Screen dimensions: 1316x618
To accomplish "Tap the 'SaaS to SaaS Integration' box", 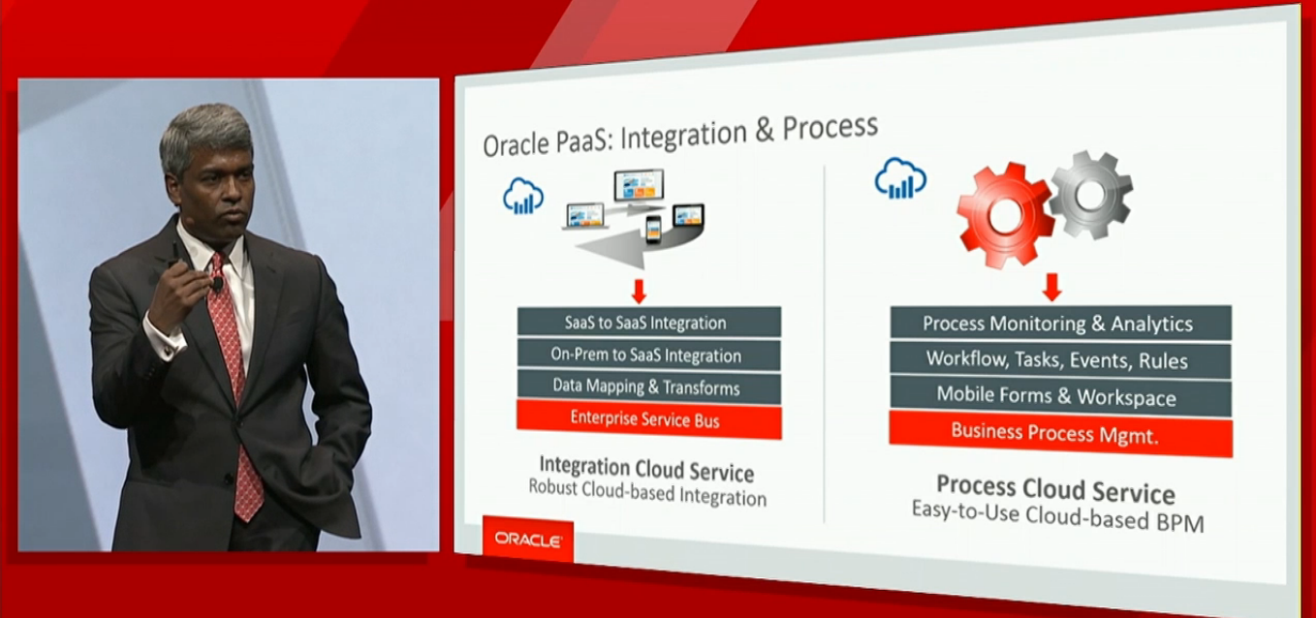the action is point(649,322).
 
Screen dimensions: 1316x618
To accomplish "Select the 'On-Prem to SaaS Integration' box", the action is point(649,355).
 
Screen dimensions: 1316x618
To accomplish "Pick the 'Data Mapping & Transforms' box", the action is point(649,387).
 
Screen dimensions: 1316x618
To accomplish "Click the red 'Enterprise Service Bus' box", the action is point(649,418).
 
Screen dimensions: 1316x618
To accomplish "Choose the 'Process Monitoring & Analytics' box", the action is point(1060,324).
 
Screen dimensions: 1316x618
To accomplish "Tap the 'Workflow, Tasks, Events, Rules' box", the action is point(1060,359).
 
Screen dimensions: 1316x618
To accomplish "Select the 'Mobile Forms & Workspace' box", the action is point(1060,396).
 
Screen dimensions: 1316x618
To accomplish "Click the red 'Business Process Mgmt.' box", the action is point(1060,434).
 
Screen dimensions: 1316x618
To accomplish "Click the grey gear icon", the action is point(1091,195).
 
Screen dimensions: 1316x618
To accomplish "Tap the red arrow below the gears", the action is point(1051,287).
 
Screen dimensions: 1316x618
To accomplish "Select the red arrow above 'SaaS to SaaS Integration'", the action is point(639,292).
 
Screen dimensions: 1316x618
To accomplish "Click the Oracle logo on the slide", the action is point(527,540).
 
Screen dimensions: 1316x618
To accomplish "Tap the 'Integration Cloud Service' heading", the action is point(646,469).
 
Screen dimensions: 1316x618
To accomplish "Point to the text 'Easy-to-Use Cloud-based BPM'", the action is point(1057,515).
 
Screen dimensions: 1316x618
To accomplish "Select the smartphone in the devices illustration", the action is point(653,230).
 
